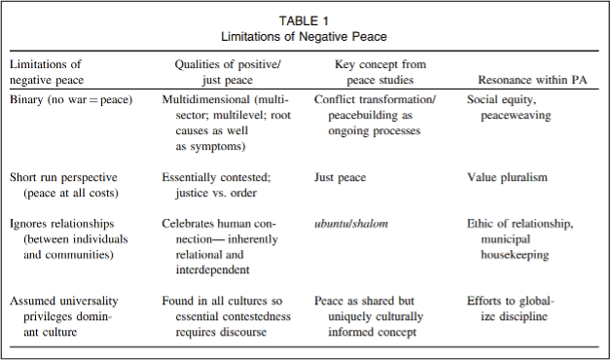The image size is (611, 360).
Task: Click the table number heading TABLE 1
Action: pos(305,19)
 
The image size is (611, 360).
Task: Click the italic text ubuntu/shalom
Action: pos(352,223)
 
